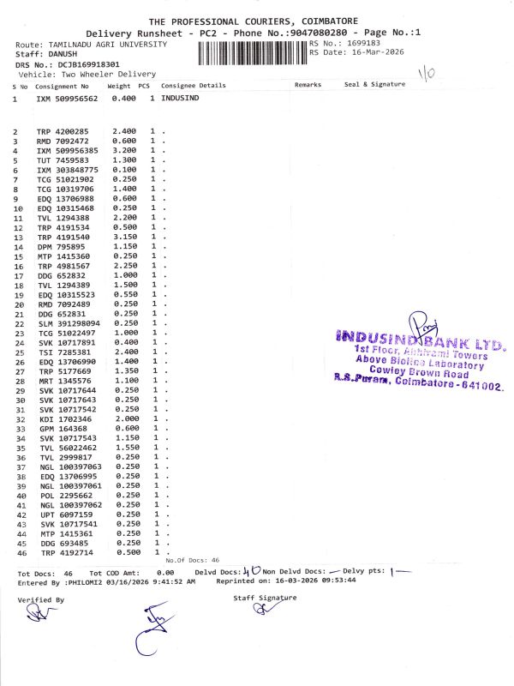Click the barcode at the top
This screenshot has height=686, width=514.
tap(252, 52)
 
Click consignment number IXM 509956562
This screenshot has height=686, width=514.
tap(68, 99)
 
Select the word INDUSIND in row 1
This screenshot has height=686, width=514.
tap(180, 99)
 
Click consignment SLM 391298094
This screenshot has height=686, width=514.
tap(69, 323)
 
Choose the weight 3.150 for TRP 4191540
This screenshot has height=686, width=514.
tap(124, 237)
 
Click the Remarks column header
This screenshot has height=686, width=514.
tap(308, 86)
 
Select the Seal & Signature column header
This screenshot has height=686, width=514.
tap(374, 86)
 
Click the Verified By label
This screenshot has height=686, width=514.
tap(41, 600)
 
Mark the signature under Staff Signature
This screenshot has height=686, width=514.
tap(261, 610)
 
